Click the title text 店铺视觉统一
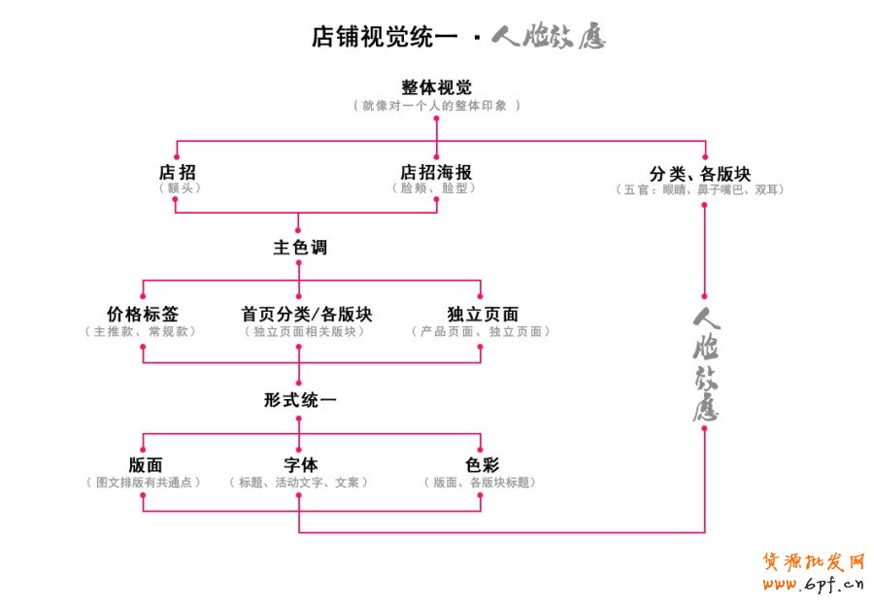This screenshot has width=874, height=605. tap(384, 37)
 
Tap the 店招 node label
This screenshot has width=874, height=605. tap(177, 172)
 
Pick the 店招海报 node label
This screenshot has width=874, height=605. tap(436, 172)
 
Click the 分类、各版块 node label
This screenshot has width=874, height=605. tap(700, 173)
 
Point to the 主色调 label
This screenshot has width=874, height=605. tap(299, 248)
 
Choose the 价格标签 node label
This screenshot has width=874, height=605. tap(143, 315)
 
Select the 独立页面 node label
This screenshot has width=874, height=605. tap(483, 315)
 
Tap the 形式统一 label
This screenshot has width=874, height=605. tap(299, 399)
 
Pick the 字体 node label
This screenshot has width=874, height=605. tap(300, 465)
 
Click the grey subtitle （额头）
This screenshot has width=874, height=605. tap(178, 188)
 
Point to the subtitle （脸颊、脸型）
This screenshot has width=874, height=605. tap(436, 188)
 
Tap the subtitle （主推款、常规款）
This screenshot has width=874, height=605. tap(143, 331)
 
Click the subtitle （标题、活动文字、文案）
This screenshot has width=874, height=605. tap(299, 482)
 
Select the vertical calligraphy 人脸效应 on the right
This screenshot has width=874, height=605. tap(705, 364)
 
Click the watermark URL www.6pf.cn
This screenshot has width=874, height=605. tap(813, 584)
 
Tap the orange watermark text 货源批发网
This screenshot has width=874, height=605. tap(813, 561)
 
